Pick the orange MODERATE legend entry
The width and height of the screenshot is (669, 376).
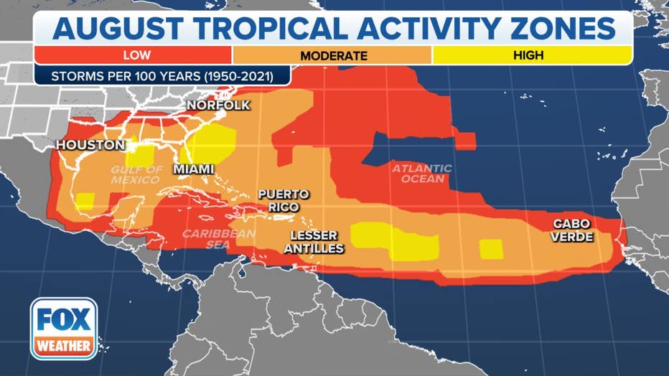tap(333, 55)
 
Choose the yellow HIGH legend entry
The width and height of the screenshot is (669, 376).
tap(528, 55)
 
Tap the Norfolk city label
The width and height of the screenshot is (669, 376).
tap(218, 105)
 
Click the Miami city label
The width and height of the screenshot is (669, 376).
tap(194, 169)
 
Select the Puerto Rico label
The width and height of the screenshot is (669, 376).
tap(284, 200)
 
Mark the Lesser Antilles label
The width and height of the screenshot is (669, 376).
tap(317, 242)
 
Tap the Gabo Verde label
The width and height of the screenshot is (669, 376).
tap(572, 230)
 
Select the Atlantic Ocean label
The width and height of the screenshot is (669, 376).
tap(421, 174)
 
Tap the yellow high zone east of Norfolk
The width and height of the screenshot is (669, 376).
tap(213, 143)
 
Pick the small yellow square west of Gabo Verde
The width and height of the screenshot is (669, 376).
tap(491, 248)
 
